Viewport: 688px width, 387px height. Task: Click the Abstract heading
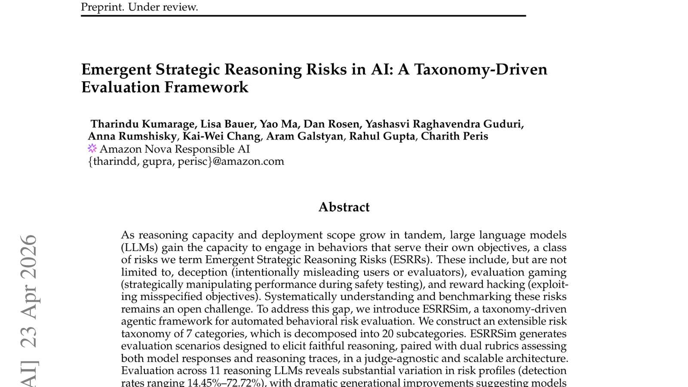point(344,207)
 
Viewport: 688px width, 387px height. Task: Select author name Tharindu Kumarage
point(142,124)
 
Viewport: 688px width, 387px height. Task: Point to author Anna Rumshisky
point(132,136)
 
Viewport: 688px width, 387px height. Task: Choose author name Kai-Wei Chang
point(221,136)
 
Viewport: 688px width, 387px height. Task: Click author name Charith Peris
point(454,136)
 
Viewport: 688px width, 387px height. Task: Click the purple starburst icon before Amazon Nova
point(92,149)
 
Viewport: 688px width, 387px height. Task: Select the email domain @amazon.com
point(248,161)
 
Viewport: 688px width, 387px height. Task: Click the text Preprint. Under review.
point(139,7)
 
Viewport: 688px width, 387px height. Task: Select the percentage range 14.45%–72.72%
point(224,383)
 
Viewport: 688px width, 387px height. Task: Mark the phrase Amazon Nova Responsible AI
point(174,149)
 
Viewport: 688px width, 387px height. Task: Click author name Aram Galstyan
point(304,136)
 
